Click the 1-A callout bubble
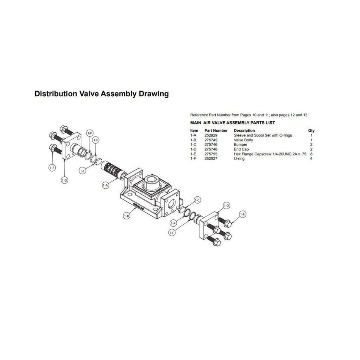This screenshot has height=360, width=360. pyautogui.click(x=105, y=185)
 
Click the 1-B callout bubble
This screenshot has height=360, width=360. pyautogui.click(x=127, y=216)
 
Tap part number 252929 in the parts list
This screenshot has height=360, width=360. pyautogui.click(x=211, y=135)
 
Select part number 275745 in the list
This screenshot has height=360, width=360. pyautogui.click(x=211, y=140)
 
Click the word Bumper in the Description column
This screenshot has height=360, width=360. pyautogui.click(x=240, y=145)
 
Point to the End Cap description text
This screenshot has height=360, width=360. pyautogui.click(x=241, y=149)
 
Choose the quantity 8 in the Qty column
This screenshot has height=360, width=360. pyautogui.click(x=311, y=154)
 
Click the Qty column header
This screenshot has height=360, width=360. pyautogui.click(x=311, y=131)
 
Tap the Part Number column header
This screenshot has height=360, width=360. pyautogui.click(x=216, y=131)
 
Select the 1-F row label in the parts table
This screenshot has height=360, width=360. pyautogui.click(x=193, y=159)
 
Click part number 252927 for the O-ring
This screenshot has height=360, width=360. pyautogui.click(x=211, y=159)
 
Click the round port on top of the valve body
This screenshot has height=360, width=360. pyautogui.click(x=152, y=182)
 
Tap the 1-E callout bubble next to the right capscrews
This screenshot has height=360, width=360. pyautogui.click(x=243, y=214)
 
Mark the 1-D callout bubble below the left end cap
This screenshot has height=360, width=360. pyautogui.click(x=64, y=181)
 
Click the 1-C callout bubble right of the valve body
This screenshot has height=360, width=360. pyautogui.click(x=197, y=200)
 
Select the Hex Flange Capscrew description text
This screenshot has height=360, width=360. pyautogui.click(x=270, y=154)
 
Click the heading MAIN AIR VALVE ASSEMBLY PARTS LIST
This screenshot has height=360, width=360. pyautogui.click(x=233, y=123)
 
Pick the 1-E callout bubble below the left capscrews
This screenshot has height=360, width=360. pyautogui.click(x=52, y=168)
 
